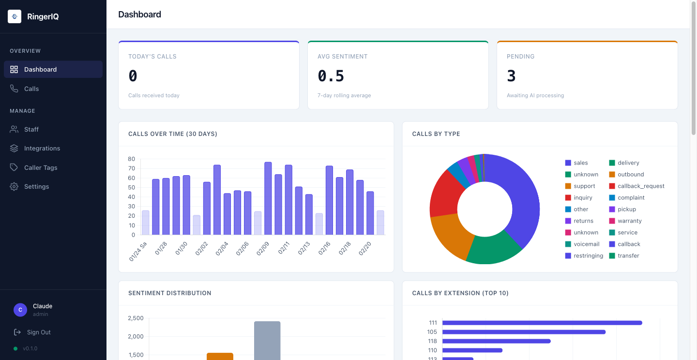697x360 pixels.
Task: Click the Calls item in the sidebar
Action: (x=31, y=89)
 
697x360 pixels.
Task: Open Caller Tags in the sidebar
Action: (x=41, y=167)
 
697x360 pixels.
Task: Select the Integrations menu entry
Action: (x=42, y=148)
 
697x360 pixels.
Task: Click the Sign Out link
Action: (x=39, y=332)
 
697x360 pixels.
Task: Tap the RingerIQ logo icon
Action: (x=15, y=16)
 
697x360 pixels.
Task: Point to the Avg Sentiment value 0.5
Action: (x=331, y=76)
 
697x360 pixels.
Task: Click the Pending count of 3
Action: (x=511, y=76)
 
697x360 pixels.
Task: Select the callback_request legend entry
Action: (x=640, y=186)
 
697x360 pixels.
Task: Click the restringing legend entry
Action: (x=588, y=255)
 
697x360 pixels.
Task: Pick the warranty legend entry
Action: (x=629, y=221)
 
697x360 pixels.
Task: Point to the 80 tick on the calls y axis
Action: (x=132, y=159)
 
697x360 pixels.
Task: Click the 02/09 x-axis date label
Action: (x=263, y=249)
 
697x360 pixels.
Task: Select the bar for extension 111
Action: (x=542, y=323)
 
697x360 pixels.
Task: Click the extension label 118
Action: (x=432, y=341)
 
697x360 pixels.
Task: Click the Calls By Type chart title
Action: (x=436, y=134)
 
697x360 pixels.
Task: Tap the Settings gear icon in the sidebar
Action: (x=14, y=186)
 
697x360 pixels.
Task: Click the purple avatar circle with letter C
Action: (x=20, y=310)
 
